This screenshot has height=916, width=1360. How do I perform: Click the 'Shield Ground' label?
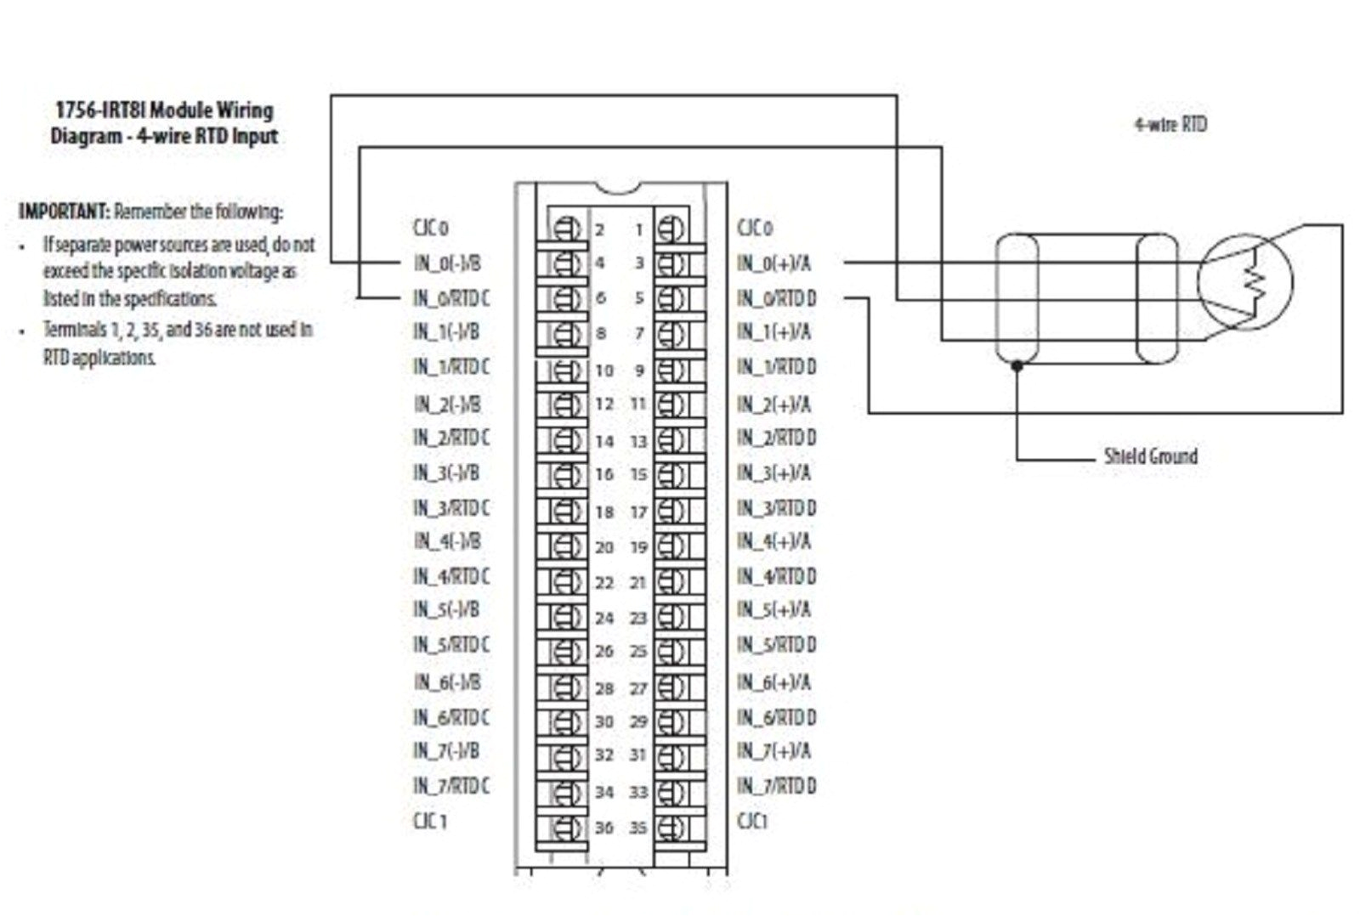tap(1149, 456)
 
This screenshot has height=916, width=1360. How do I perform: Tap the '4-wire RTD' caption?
tap(1170, 124)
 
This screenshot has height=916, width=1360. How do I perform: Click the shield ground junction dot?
tap(1017, 365)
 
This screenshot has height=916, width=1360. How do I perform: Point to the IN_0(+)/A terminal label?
tap(773, 263)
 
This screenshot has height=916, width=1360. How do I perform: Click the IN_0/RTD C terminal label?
tap(450, 298)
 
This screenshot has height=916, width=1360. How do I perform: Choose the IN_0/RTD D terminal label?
tap(776, 298)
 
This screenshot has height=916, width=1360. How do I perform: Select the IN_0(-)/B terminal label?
tap(446, 263)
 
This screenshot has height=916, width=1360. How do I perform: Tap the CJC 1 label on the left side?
tap(429, 821)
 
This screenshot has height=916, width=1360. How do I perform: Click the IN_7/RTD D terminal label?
tap(776, 786)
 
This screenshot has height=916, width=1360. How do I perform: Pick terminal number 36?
tap(603, 828)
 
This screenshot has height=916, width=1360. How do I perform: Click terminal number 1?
tap(639, 229)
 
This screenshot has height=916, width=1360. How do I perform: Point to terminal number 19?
tap(638, 548)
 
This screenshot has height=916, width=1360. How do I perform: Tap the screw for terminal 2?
tap(565, 229)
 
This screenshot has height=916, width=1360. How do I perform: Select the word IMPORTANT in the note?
tap(64, 211)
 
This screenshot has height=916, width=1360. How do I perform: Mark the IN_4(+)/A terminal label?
tap(773, 541)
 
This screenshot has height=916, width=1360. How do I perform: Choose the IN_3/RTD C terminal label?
tap(450, 508)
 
